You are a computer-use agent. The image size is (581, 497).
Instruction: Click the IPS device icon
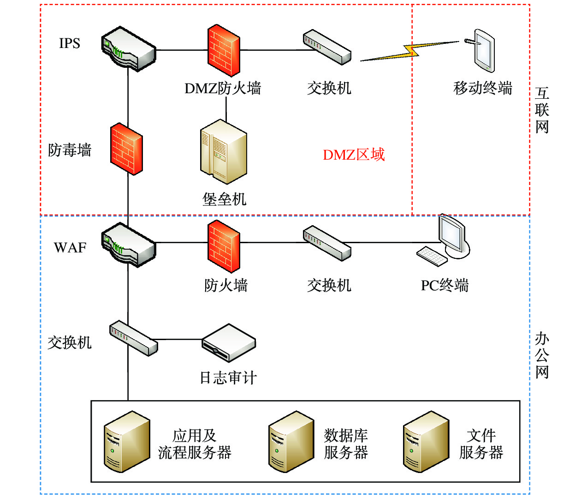pyautogui.click(x=129, y=48)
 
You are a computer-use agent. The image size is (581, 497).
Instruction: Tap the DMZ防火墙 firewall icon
pyautogui.click(x=224, y=50)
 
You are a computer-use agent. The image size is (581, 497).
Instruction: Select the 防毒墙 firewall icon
pyautogui.click(x=126, y=149)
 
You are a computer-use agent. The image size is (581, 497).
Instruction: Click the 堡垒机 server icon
pyautogui.click(x=224, y=151)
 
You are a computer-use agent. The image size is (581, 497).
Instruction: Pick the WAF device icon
pyautogui.click(x=129, y=245)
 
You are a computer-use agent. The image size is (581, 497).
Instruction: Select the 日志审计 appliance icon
pyautogui.click(x=229, y=343)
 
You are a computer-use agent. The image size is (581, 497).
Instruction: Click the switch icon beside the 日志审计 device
pyautogui.click(x=133, y=338)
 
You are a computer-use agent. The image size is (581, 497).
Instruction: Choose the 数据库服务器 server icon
pyautogui.click(x=291, y=442)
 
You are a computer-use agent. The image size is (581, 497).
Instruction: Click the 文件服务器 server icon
pyautogui.click(x=426, y=442)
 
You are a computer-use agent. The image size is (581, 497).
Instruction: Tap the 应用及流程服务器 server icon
pyautogui.click(x=127, y=442)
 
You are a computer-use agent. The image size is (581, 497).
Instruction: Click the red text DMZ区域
pyautogui.click(x=354, y=155)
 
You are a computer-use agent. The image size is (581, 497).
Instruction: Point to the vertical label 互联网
pyautogui.click(x=542, y=110)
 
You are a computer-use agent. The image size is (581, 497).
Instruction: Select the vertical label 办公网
pyautogui.click(x=542, y=355)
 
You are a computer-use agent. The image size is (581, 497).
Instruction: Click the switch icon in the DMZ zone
pyautogui.click(x=327, y=47)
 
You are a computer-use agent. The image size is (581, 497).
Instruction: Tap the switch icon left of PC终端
pyautogui.click(x=327, y=243)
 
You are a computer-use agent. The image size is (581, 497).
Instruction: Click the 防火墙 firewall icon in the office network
pyautogui.click(x=224, y=245)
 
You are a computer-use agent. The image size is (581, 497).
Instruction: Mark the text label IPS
pyautogui.click(x=70, y=43)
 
